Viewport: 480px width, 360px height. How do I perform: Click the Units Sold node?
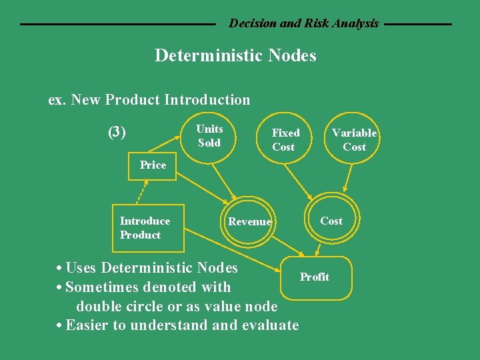209,135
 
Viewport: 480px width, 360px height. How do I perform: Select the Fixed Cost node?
285,139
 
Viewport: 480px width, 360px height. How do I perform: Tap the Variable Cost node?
354,139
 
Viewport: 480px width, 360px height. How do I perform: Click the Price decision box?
153,165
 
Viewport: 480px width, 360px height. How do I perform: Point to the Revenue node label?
249,222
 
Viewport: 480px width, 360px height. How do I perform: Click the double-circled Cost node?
331,221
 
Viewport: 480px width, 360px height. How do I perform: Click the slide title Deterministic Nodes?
235,55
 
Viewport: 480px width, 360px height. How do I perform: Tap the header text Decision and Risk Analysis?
303,23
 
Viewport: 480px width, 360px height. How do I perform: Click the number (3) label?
117,132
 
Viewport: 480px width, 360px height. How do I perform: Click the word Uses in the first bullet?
81,268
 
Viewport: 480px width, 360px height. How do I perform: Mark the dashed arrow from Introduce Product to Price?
141,193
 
